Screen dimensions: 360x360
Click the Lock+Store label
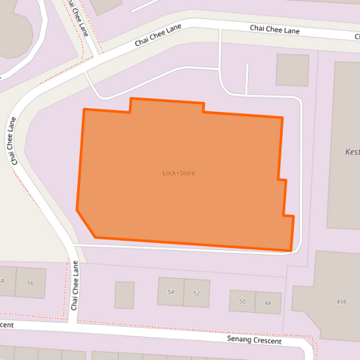pos(179,174)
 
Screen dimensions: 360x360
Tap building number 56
pos(30,283)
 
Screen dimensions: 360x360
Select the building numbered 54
pos(171,292)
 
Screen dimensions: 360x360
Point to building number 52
pos(197,293)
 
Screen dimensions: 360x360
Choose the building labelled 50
pos(242,301)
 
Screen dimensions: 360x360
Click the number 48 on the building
pos(268,303)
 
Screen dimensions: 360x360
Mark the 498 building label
pos(341,301)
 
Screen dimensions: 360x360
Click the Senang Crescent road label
pos(264,340)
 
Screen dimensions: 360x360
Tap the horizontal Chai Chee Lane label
pos(274,30)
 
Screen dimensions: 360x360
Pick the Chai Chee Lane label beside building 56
pos(75,286)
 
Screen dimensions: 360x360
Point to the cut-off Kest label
pos(352,152)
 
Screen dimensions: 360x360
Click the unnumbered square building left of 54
pos(124,295)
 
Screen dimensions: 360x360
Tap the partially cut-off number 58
pos(2,281)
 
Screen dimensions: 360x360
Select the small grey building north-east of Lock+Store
pos(292,70)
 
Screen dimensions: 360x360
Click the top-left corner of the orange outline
pos(84,109)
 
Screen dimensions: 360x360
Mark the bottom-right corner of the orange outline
pos(290,251)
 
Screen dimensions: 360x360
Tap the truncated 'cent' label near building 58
pos(7,325)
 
